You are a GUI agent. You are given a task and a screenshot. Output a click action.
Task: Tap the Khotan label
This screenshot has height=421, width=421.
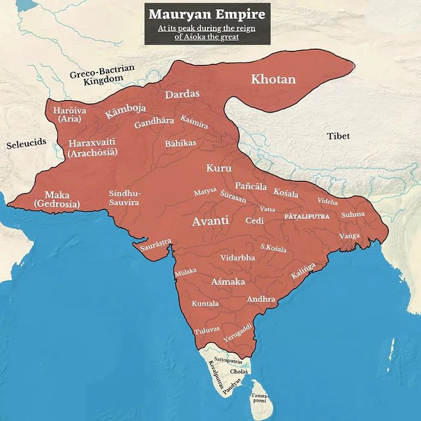(x=273, y=80)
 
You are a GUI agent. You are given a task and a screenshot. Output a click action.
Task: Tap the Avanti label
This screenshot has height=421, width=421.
(x=210, y=222)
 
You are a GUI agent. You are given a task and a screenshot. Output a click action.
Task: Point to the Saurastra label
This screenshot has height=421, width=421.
(x=156, y=246)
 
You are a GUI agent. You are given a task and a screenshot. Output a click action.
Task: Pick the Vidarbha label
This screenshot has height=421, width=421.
(x=237, y=257)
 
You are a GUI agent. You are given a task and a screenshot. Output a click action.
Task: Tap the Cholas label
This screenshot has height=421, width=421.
(x=239, y=372)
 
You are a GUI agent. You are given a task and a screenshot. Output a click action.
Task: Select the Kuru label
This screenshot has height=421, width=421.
(x=219, y=168)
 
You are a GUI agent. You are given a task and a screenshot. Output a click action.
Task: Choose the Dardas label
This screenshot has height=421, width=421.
(x=182, y=94)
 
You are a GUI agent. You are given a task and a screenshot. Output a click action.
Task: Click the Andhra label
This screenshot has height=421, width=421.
(x=260, y=299)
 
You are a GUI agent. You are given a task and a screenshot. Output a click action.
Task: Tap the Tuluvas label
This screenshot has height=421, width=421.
(x=207, y=332)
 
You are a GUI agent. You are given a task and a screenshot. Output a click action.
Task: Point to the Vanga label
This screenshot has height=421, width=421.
(x=349, y=235)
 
